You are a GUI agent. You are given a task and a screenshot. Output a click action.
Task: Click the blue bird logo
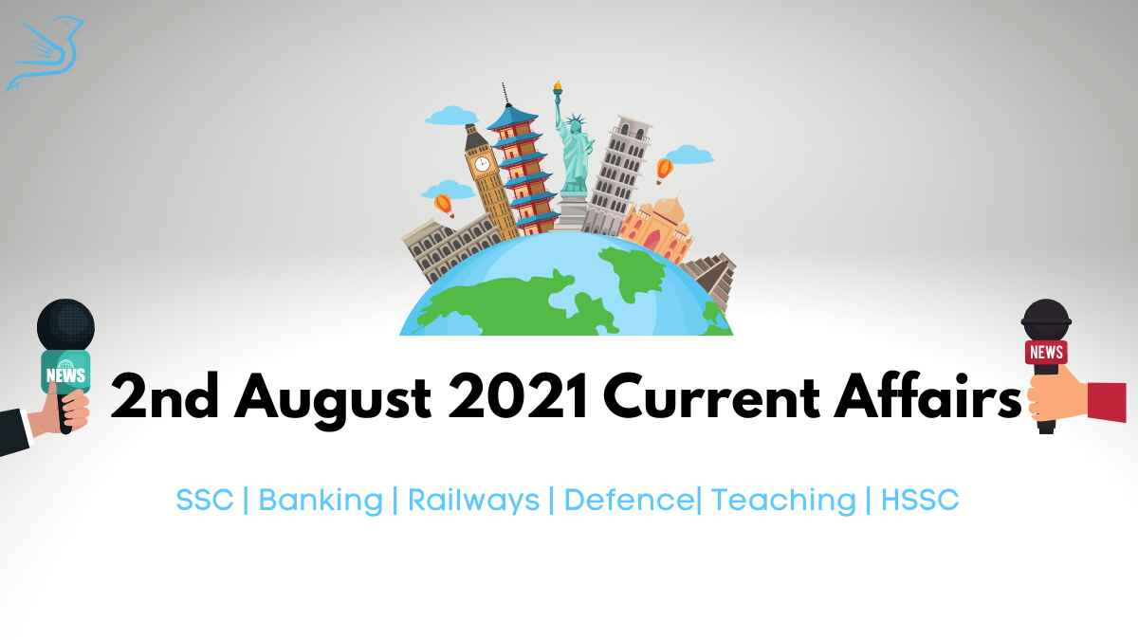(x=46, y=53)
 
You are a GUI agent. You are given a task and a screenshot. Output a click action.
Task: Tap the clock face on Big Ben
(x=481, y=163)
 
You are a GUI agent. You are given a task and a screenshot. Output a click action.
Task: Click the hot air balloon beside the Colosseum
(x=444, y=206)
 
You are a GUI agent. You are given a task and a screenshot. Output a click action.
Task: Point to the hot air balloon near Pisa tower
(x=664, y=170)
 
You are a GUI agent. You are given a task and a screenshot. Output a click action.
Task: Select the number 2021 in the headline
(x=518, y=396)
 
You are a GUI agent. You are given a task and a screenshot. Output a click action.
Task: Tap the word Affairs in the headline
(x=927, y=395)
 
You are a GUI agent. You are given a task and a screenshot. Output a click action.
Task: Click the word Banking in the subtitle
(x=321, y=501)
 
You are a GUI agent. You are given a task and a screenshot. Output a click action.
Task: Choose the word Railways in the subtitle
(x=473, y=501)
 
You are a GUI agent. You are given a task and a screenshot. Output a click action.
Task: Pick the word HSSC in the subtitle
(x=920, y=500)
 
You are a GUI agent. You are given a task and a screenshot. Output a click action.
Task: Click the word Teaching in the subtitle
(x=783, y=501)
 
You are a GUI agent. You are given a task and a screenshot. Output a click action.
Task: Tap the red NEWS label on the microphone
(x=1046, y=352)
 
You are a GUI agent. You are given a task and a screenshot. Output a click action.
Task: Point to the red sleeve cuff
(x=1107, y=402)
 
